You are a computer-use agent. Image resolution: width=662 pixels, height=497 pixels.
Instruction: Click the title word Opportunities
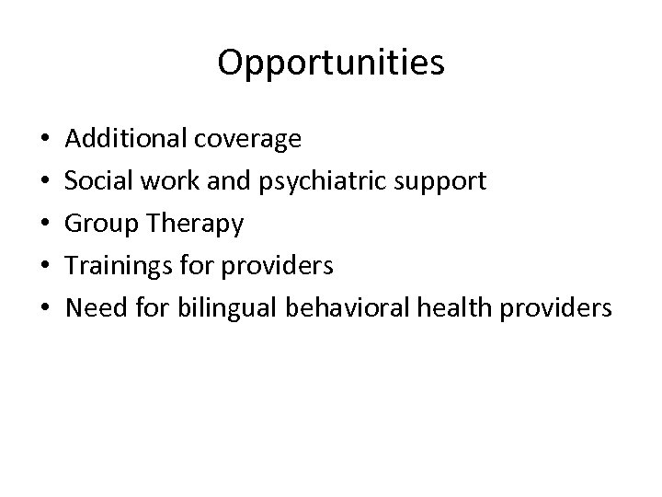point(331,64)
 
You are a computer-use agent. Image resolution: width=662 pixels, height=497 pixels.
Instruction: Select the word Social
point(98,181)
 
